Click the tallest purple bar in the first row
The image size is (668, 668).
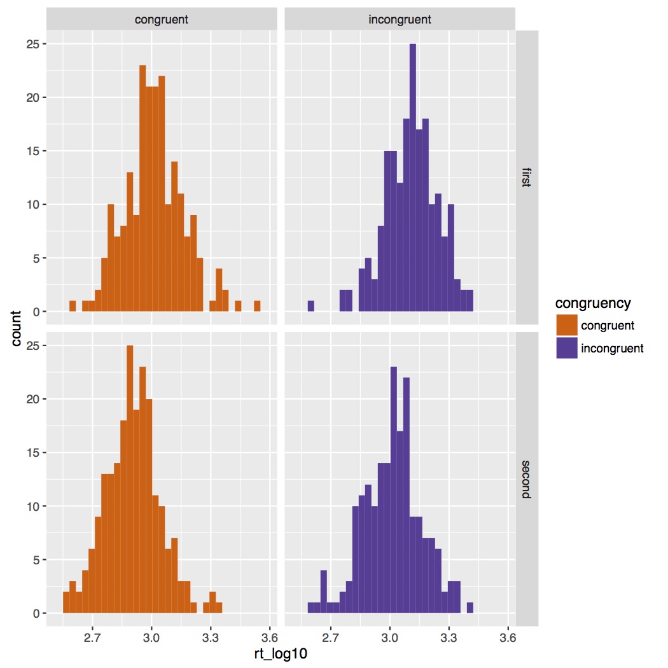tap(413, 178)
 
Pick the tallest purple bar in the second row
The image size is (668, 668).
tap(394, 490)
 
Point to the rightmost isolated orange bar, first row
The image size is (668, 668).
tap(257, 306)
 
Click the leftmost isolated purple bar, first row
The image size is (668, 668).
tap(311, 306)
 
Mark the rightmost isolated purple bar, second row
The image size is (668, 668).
tap(470, 608)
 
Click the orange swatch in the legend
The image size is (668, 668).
tap(566, 326)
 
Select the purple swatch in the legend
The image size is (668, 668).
tap(566, 348)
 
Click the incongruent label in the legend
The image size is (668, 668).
tap(612, 348)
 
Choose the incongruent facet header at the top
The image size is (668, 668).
tap(400, 20)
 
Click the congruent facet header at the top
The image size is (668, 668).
tap(162, 20)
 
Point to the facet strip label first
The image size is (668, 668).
tap(527, 178)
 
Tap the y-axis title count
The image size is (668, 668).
tap(17, 328)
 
